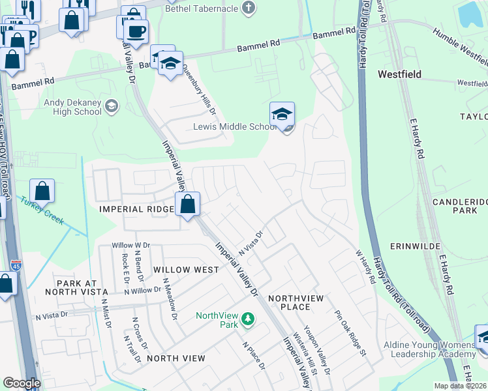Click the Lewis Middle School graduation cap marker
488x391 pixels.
pyautogui.click(x=282, y=114)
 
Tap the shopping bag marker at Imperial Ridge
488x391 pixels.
pyautogui.click(x=187, y=204)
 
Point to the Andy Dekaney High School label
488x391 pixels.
pyautogui.click(x=72, y=107)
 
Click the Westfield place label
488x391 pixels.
pyautogui.click(x=399, y=74)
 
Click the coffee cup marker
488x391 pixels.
pyautogui.click(x=136, y=31)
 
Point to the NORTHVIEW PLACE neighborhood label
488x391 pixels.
pyautogui.click(x=296, y=302)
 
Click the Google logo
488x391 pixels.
pyautogui.click(x=22, y=383)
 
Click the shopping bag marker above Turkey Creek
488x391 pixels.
pyautogui.click(x=42, y=192)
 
